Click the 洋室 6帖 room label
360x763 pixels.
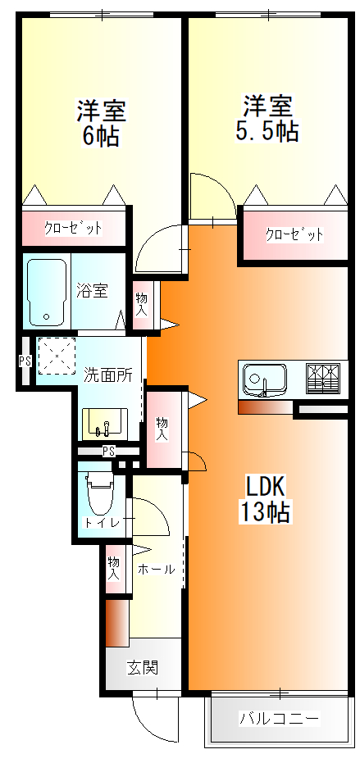tap(101, 123)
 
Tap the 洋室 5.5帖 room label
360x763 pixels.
tap(267, 118)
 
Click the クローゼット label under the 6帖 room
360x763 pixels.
tap(73, 228)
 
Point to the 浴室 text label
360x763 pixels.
tap(93, 290)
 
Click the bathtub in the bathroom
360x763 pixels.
tap(48, 292)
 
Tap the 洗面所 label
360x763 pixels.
tap(108, 375)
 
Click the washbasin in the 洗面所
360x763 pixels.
tap(103, 423)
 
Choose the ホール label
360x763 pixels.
tap(156, 569)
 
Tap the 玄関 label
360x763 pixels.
tap(142, 667)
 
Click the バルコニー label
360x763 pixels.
tap(279, 719)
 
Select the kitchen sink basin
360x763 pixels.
tap(265, 380)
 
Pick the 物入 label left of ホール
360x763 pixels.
tap(114, 568)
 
